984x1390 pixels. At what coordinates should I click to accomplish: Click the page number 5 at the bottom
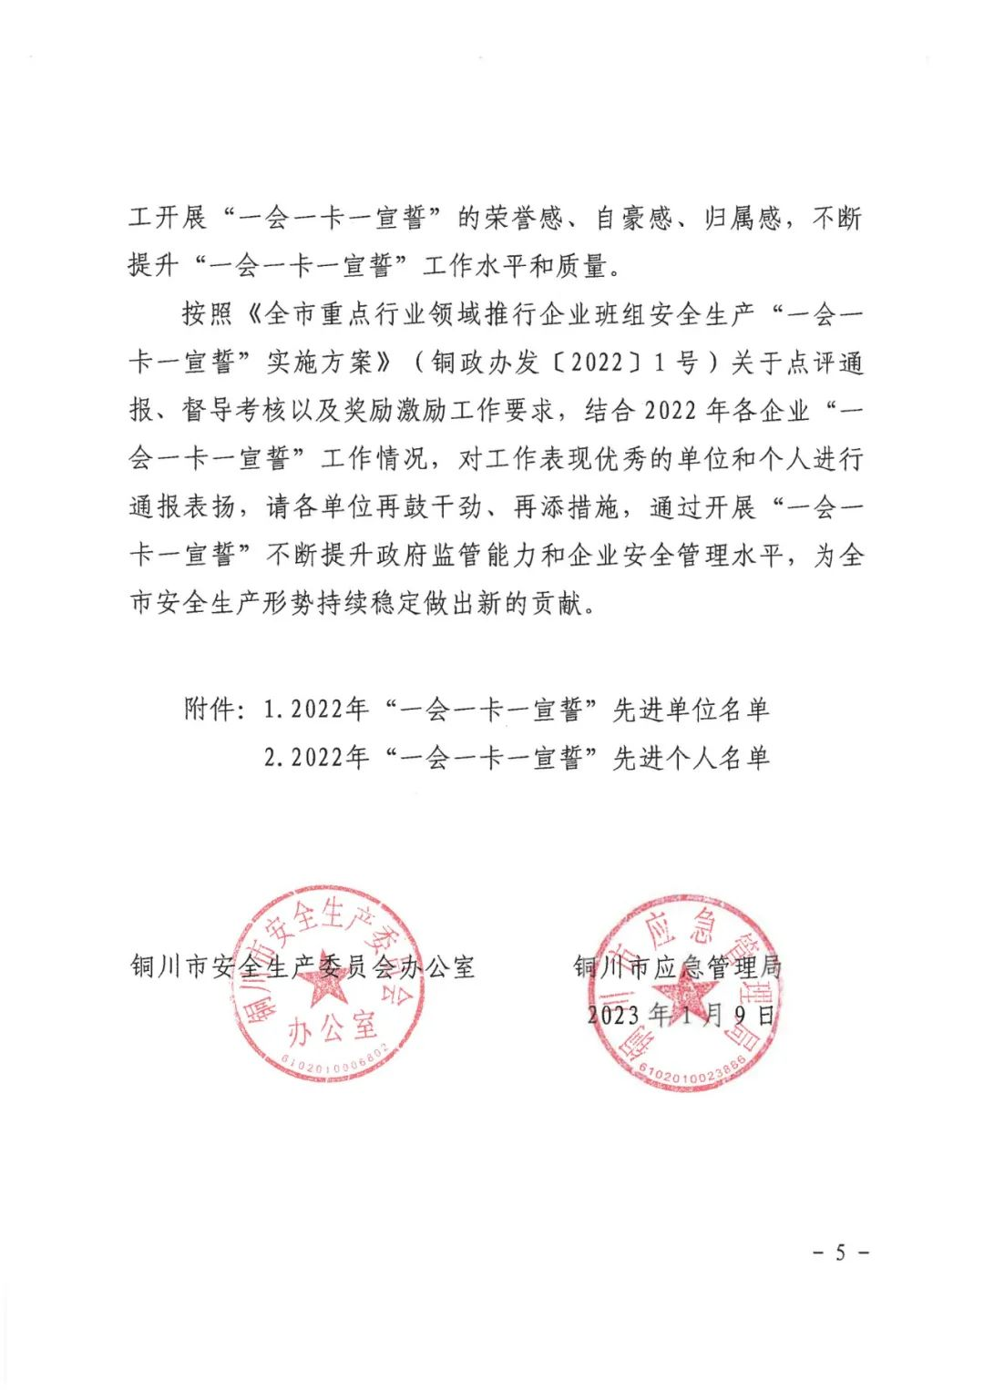coord(840,1252)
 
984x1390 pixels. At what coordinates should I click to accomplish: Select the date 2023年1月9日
coord(682,1014)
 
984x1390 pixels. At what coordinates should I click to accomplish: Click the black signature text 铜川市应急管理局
coord(678,966)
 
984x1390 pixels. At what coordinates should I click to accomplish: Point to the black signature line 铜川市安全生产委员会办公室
coord(302,966)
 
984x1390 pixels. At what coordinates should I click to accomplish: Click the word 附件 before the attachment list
coord(209,710)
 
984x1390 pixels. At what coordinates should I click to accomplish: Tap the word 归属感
coord(743,219)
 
